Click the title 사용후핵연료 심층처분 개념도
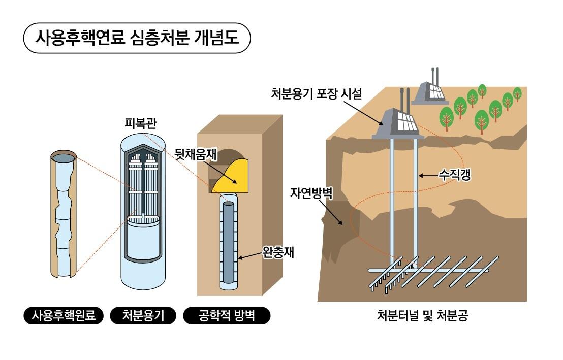coord(137,38)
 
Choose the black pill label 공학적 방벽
coord(226,316)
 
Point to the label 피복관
coord(139,123)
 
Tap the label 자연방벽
coord(311,193)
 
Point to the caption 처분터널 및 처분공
coord(422,316)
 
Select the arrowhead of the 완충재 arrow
coord(239,258)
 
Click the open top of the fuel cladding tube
coord(64,158)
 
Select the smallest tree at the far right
coord(517,93)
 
